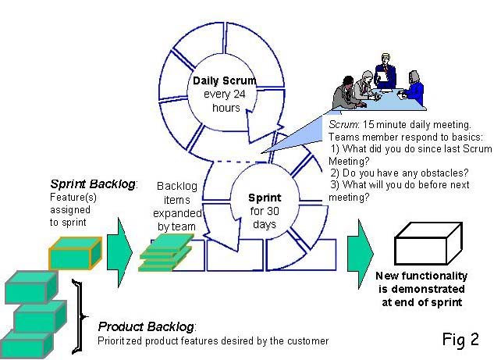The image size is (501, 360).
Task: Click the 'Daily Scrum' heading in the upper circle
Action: click(225, 80)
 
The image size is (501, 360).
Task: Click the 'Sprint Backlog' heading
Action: click(93, 184)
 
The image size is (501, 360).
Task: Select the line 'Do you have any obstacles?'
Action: click(396, 173)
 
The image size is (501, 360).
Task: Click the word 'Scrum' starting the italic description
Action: click(340, 124)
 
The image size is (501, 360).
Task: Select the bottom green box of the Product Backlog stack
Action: click(27, 343)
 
